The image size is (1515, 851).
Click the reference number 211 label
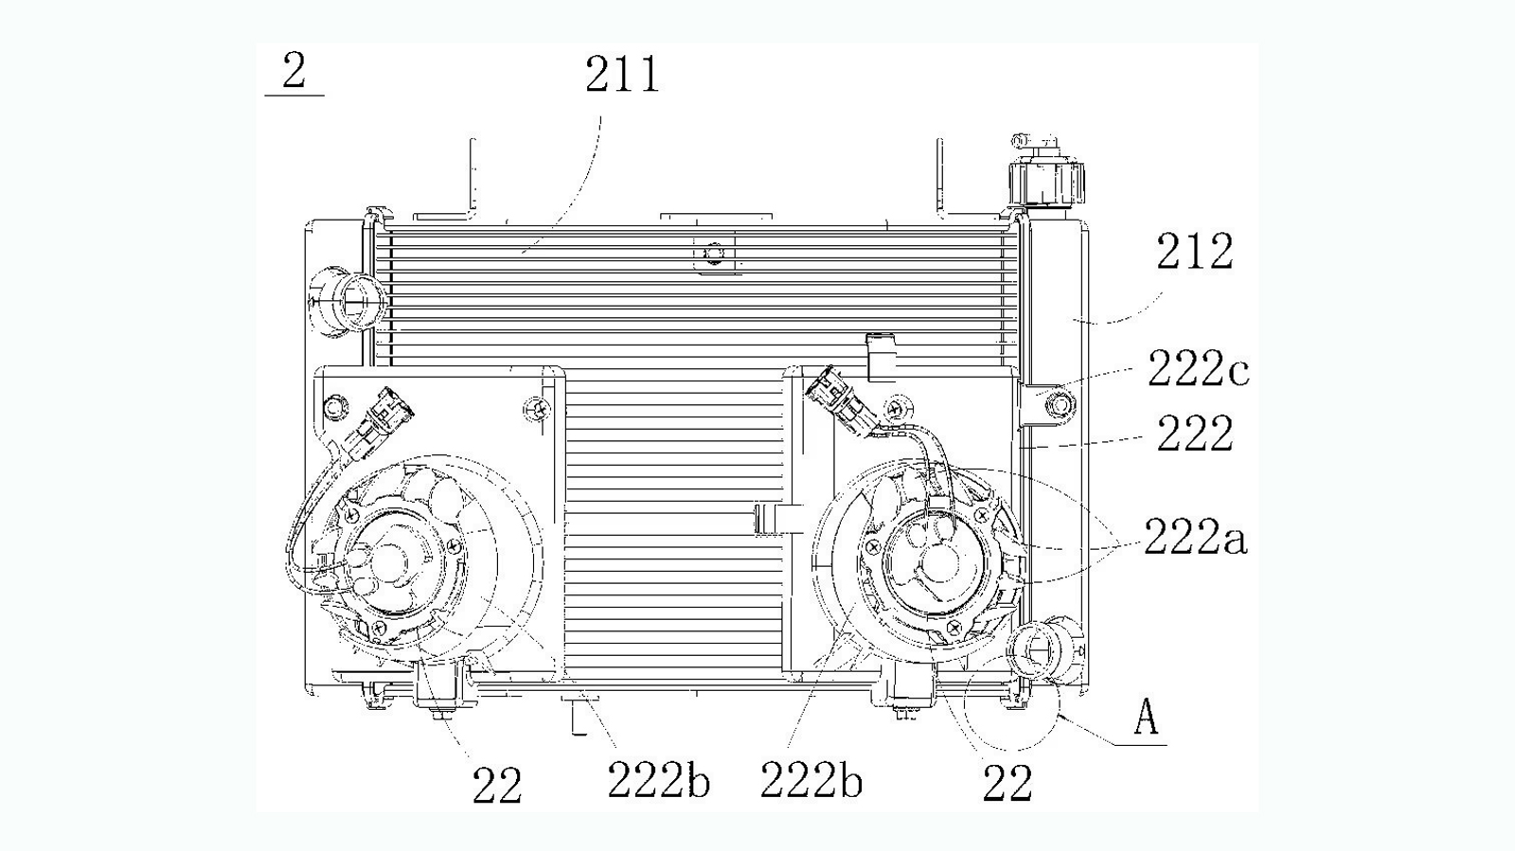click(621, 75)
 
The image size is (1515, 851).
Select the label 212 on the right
click(1194, 252)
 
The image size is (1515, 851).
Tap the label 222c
click(1198, 370)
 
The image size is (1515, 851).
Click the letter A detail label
click(1146, 718)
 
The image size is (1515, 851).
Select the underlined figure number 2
click(294, 72)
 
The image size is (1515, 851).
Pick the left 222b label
click(659, 781)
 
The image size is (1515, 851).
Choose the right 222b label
click(811, 781)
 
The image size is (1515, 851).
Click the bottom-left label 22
click(497, 786)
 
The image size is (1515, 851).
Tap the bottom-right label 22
click(1007, 784)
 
